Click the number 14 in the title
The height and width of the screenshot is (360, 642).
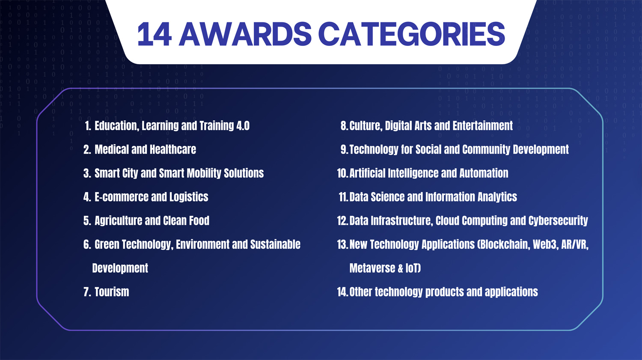point(155,34)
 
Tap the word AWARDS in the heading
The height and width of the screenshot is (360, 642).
point(245,34)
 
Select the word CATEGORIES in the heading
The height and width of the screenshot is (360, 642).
point(412,34)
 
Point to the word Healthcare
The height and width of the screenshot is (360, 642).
point(173,150)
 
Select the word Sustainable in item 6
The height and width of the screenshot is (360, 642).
point(275,244)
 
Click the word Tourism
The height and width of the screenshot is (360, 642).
point(112,292)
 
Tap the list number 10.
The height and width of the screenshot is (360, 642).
point(342,173)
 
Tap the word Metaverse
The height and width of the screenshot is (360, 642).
point(372,268)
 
